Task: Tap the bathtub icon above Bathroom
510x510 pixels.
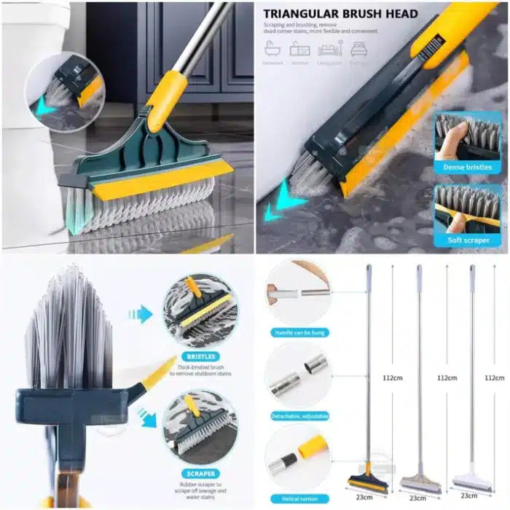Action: click(x=273, y=50)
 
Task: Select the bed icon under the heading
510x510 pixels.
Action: click(x=358, y=50)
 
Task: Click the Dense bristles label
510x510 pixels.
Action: click(x=467, y=167)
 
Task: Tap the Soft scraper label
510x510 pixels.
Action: click(x=467, y=240)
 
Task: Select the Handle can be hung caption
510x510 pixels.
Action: click(x=297, y=333)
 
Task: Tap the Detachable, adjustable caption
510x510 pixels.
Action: click(x=297, y=415)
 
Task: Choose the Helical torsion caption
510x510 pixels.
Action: click(x=297, y=498)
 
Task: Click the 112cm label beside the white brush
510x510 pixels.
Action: click(x=494, y=377)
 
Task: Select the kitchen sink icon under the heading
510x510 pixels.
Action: click(x=300, y=50)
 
